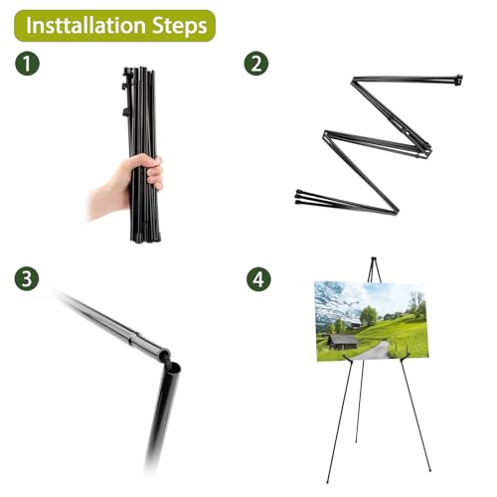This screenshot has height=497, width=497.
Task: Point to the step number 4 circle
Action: click(x=256, y=279)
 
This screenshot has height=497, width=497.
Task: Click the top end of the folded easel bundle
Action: click(x=139, y=72)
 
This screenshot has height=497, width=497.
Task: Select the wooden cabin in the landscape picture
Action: click(x=343, y=341)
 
